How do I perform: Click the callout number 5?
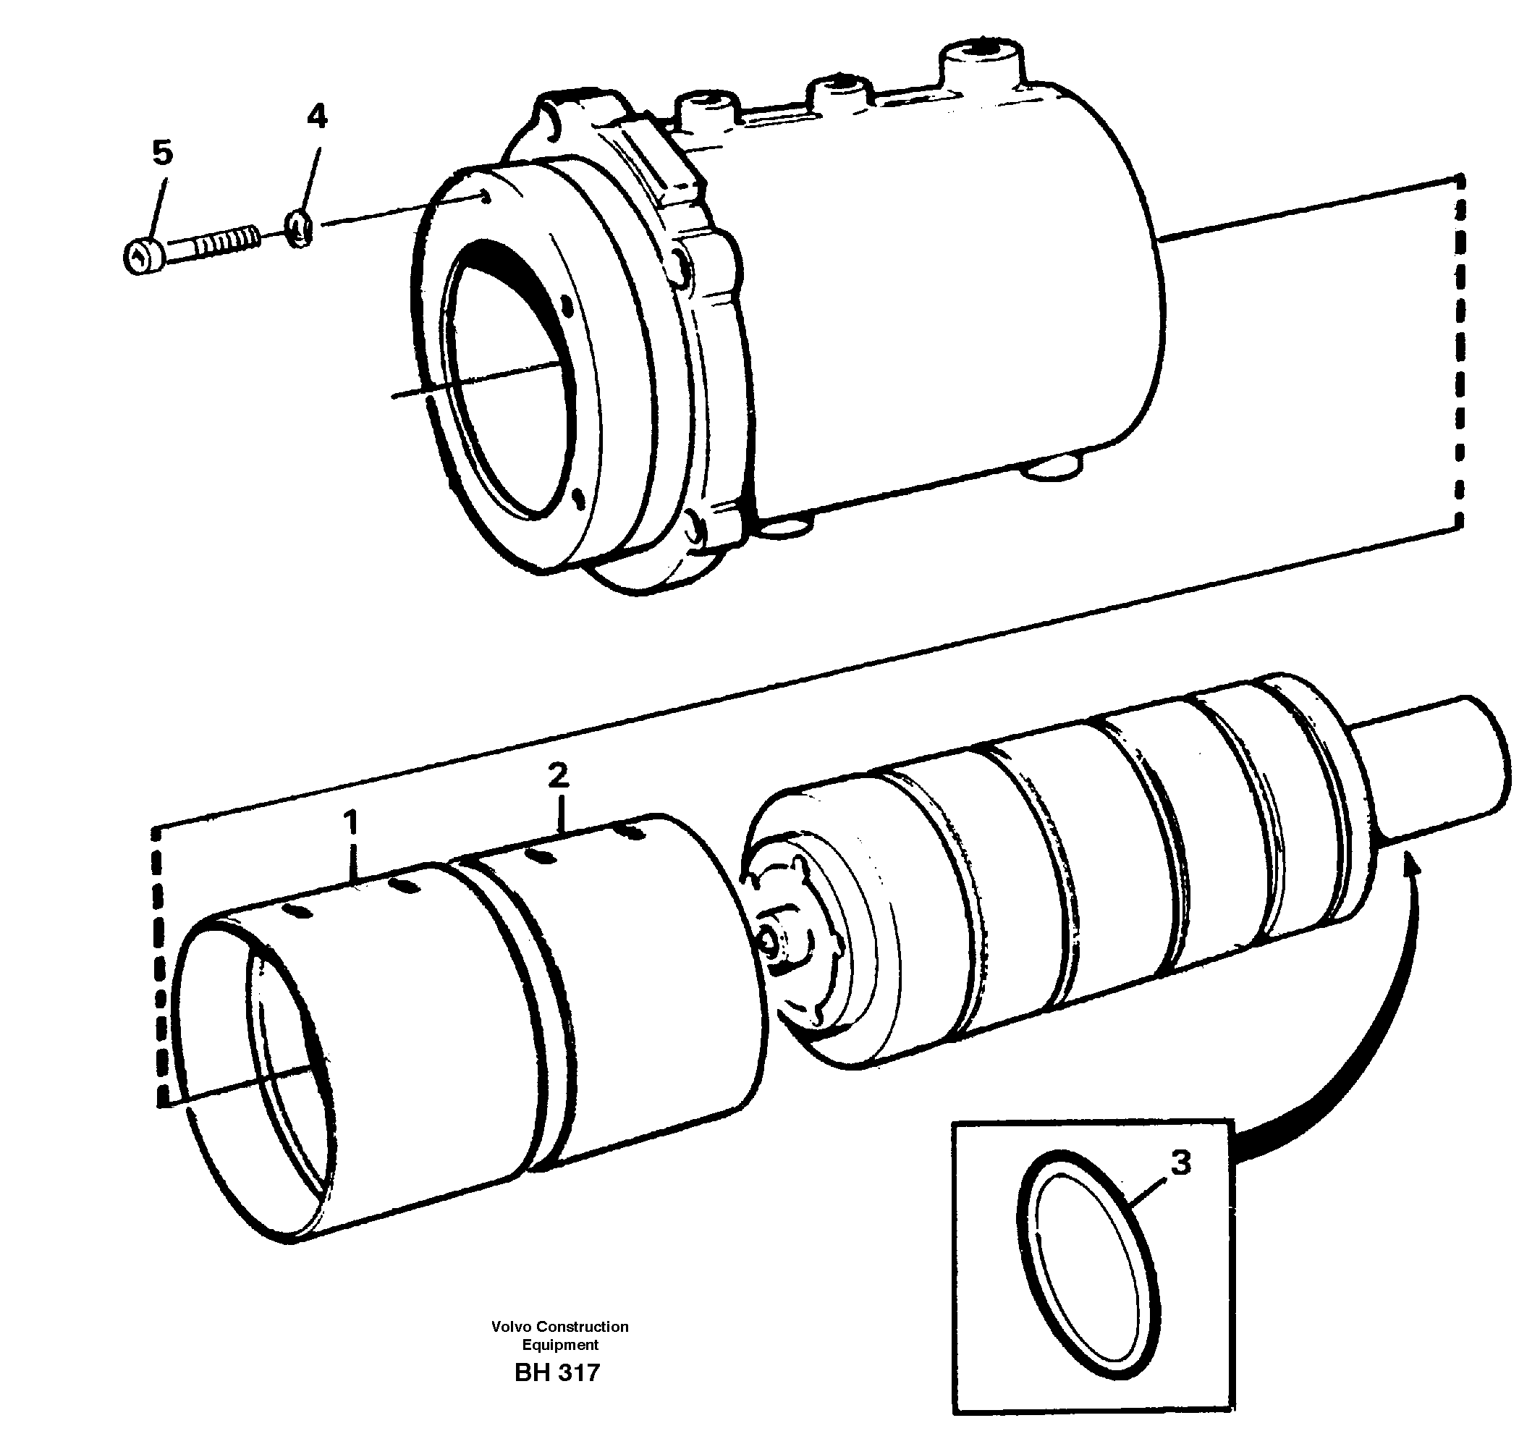(162, 153)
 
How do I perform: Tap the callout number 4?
(317, 117)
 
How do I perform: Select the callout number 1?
(352, 822)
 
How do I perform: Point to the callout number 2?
(558, 774)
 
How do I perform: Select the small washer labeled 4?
(298, 229)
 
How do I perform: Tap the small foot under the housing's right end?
(1052, 469)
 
